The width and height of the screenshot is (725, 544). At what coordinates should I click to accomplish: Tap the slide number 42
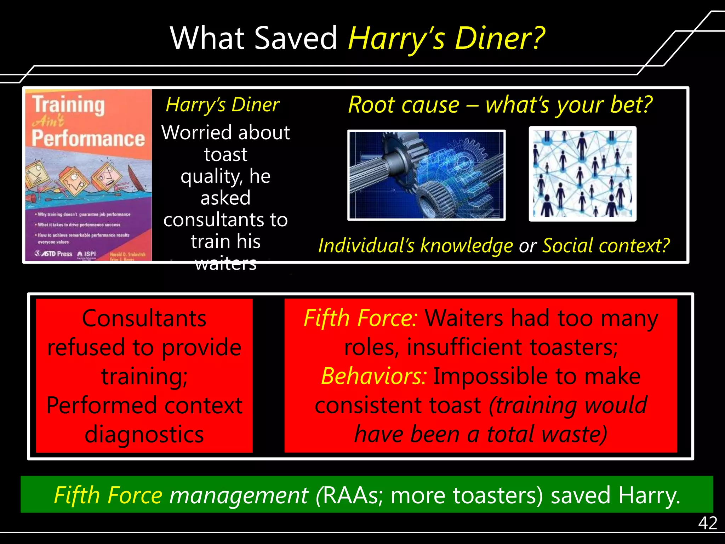click(707, 523)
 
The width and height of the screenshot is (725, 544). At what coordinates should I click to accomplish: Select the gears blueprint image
click(427, 175)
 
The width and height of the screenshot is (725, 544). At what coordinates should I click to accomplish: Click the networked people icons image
click(582, 174)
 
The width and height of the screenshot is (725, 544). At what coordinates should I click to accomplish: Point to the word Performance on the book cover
click(89, 138)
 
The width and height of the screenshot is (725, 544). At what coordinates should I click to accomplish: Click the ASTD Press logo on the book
click(54, 254)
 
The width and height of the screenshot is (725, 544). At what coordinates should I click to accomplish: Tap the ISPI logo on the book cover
click(87, 254)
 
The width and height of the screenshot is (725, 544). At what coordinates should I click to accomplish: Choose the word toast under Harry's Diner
click(226, 154)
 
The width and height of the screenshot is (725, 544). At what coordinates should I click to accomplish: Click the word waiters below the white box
click(226, 263)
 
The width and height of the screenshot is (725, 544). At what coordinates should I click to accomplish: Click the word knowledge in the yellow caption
click(466, 246)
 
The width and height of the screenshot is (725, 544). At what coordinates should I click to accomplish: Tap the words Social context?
click(606, 245)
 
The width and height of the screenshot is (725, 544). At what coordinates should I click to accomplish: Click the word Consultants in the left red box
click(144, 318)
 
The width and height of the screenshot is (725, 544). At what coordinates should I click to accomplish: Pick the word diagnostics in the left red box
click(144, 434)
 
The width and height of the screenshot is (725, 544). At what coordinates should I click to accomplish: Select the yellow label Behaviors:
click(374, 376)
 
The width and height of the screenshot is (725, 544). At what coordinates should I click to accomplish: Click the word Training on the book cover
click(69, 105)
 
